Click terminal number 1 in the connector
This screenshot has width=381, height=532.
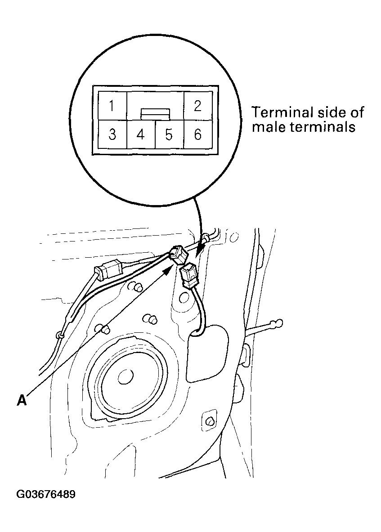pyautogui.click(x=112, y=107)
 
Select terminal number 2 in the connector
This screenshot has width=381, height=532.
pyautogui.click(x=197, y=107)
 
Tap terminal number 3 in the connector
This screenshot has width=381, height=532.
pyautogui.click(x=112, y=134)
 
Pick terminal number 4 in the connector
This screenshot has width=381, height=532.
pyautogui.click(x=140, y=134)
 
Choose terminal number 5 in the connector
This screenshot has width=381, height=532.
pyautogui.click(x=169, y=134)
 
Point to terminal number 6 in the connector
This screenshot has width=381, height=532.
pyautogui.click(x=197, y=134)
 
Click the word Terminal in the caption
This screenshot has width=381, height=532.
pyautogui.click(x=278, y=112)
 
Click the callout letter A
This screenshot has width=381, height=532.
pyautogui.click(x=21, y=399)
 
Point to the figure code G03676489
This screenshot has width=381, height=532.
pyautogui.click(x=46, y=495)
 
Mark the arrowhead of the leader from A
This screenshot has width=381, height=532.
pyautogui.click(x=170, y=268)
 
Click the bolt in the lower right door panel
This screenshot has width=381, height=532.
pyautogui.click(x=210, y=421)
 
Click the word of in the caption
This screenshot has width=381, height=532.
pyautogui.click(x=358, y=112)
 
